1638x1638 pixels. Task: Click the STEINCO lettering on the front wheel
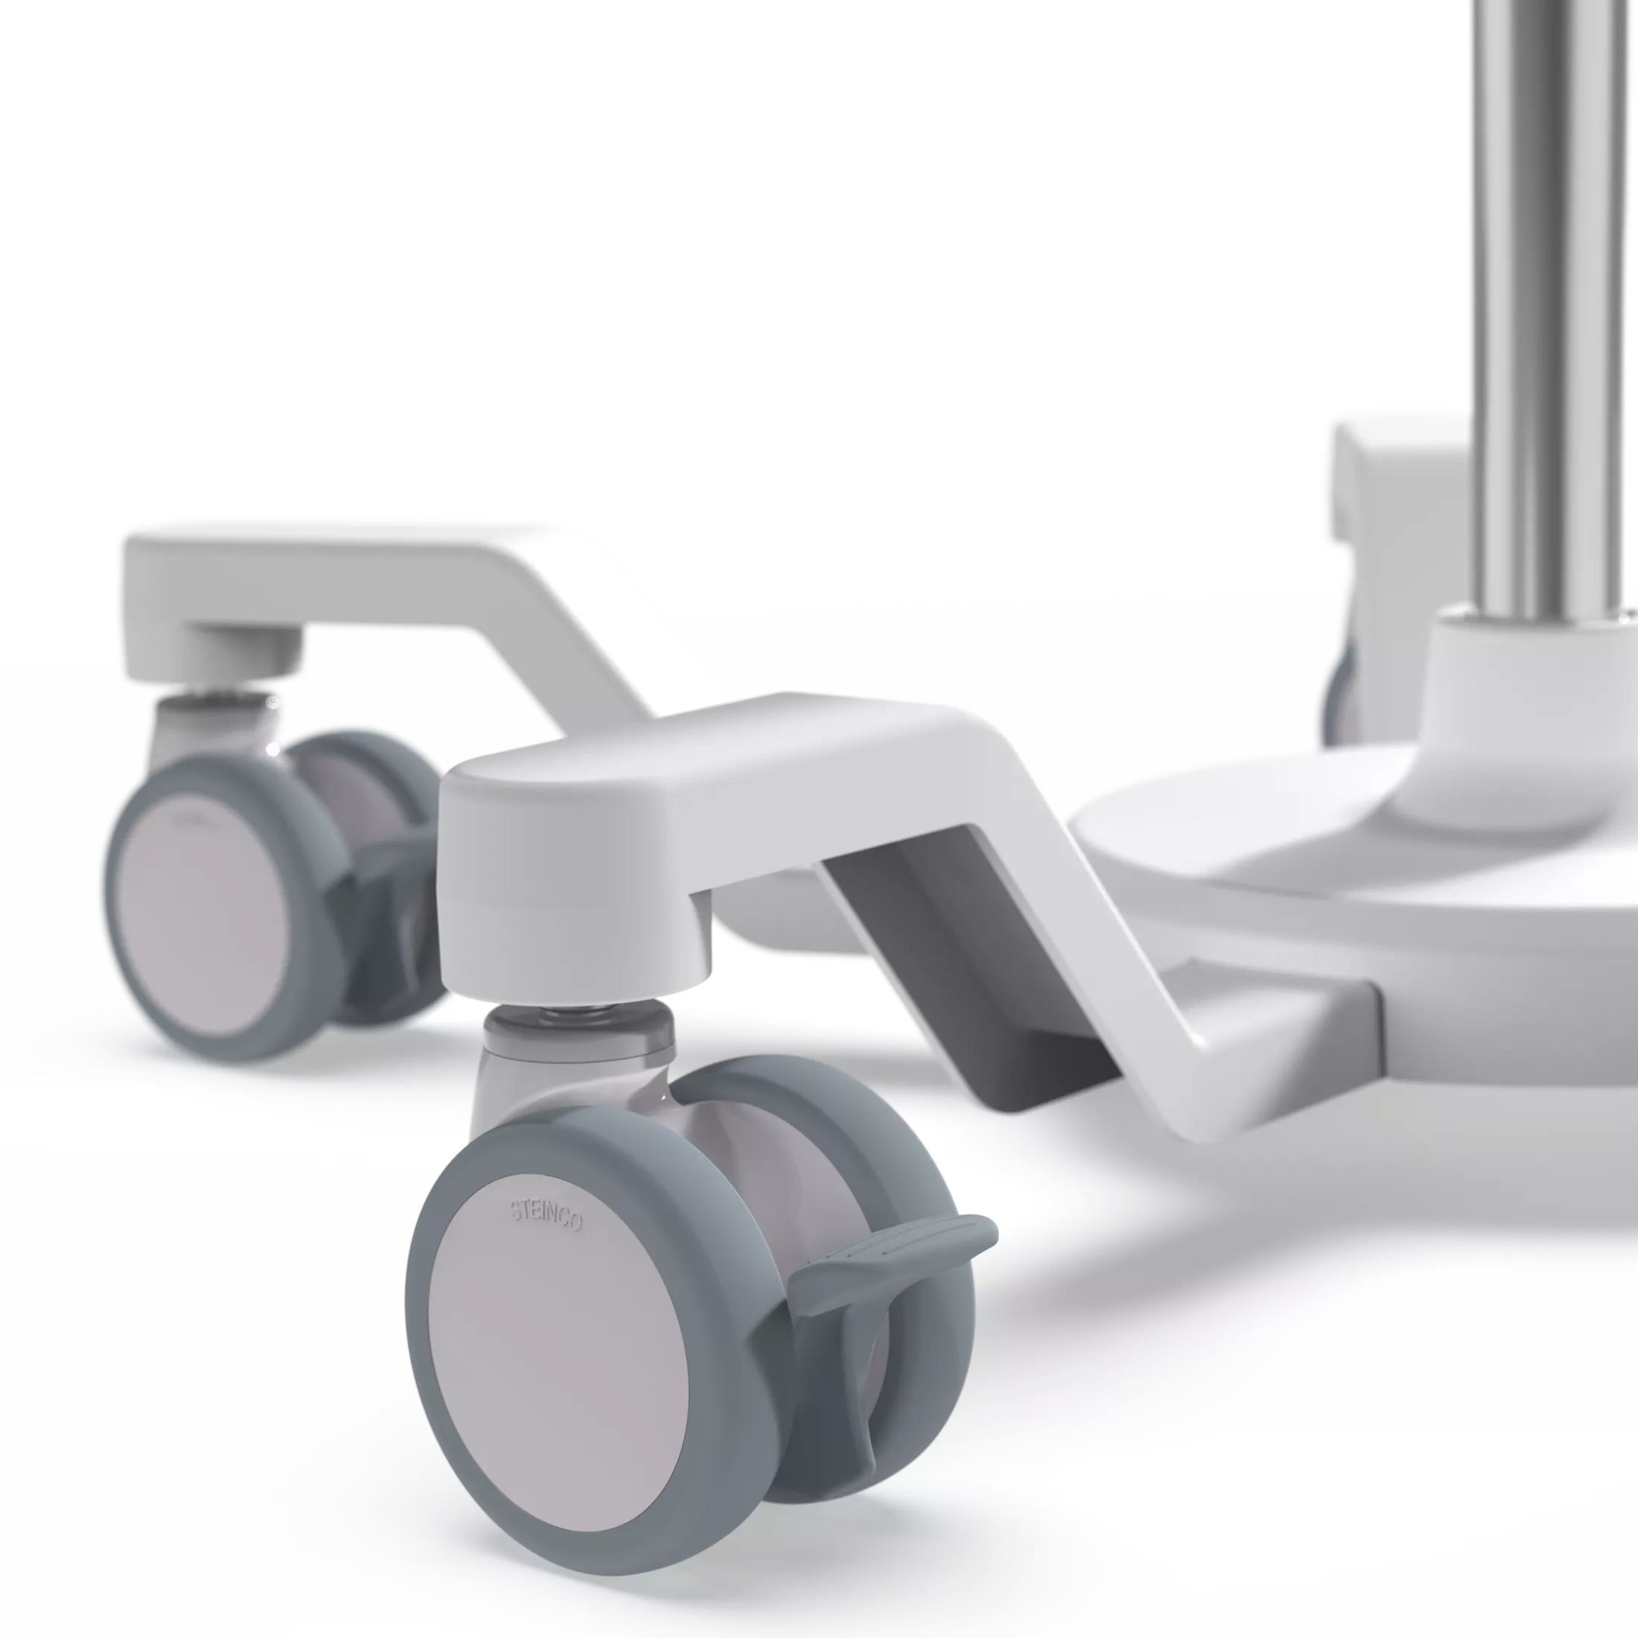[545, 1217]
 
